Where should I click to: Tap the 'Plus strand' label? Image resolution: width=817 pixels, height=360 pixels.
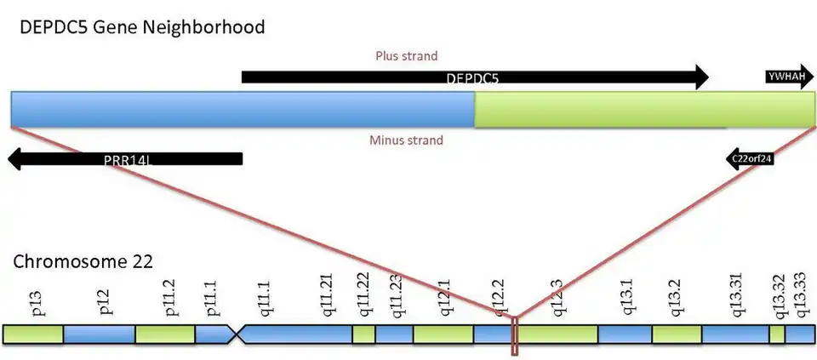pos(406,56)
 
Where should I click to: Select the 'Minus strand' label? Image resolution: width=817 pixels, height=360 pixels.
pos(406,140)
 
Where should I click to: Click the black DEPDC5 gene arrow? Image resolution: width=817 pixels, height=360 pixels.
pos(474,77)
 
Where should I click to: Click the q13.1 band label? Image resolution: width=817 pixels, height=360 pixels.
pos(620,300)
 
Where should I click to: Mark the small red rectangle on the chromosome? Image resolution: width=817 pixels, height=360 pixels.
pos(514,336)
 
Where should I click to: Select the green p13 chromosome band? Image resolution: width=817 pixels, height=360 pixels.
pos(33,334)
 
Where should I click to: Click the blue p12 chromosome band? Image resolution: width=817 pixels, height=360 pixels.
pos(99,334)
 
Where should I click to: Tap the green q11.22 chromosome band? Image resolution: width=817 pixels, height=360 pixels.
pos(363,334)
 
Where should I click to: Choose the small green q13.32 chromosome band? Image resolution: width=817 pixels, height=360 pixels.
pos(776,334)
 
